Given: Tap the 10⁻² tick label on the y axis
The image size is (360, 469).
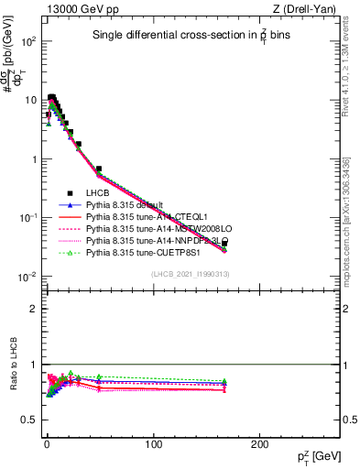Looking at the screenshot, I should point(26,277).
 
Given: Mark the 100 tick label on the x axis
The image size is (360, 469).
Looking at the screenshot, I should point(152,443).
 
